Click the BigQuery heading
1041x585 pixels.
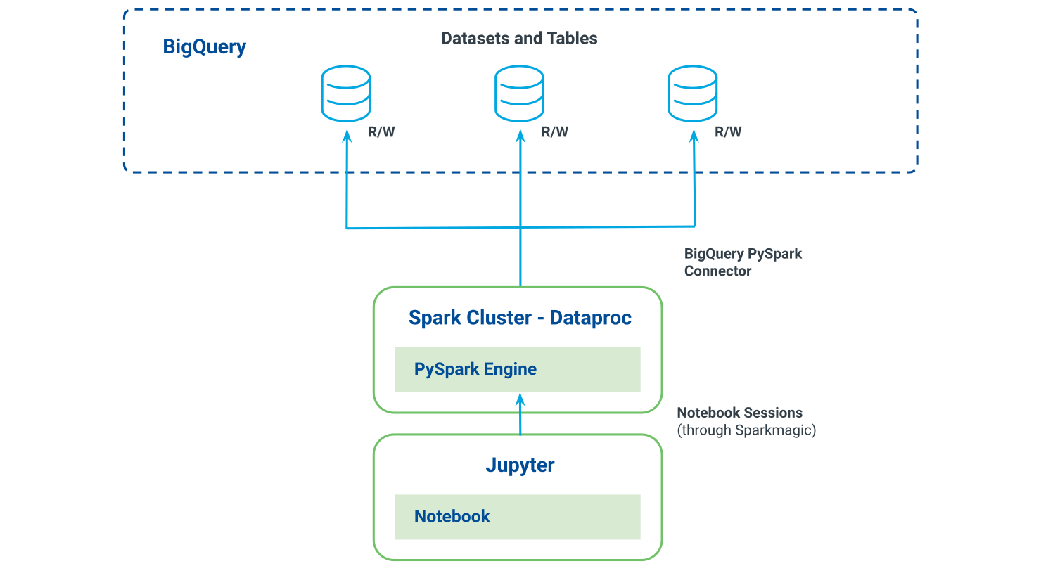click(204, 47)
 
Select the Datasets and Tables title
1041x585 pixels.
click(519, 39)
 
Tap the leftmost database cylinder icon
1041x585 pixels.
click(346, 94)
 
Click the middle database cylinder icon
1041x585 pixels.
click(519, 94)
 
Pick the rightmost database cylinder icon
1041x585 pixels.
click(693, 94)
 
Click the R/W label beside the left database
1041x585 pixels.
click(381, 132)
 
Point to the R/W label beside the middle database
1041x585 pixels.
click(554, 132)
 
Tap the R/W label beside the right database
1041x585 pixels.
click(728, 132)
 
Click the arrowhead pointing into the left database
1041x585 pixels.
click(347, 136)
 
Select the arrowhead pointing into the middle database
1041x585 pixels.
click(520, 136)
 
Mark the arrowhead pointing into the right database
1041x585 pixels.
click(694, 136)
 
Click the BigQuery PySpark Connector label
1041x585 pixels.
click(743, 262)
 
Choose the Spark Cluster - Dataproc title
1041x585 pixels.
click(520, 318)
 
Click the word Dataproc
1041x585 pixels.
click(591, 318)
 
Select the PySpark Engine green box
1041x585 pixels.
click(517, 369)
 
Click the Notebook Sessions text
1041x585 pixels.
click(739, 413)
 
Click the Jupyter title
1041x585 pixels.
click(520, 465)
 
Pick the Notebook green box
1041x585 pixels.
click(517, 517)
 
